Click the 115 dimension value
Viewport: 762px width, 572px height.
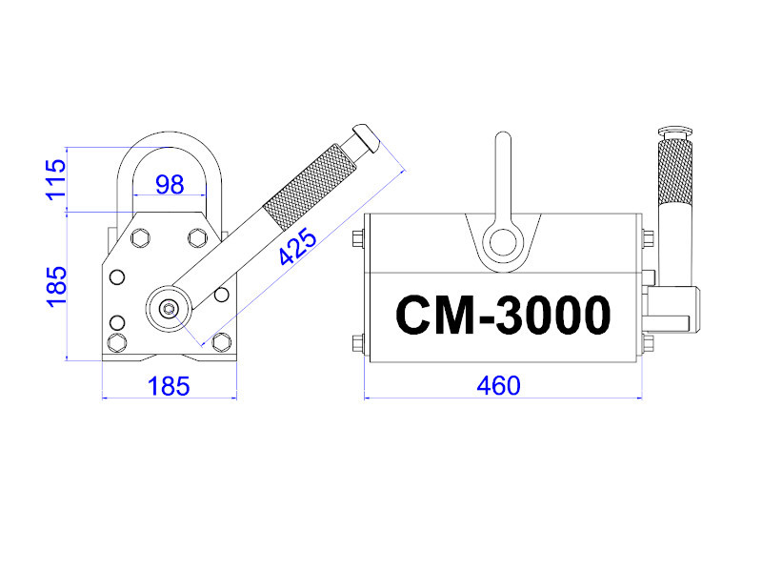point(56,179)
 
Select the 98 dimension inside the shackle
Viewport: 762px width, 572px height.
point(170,185)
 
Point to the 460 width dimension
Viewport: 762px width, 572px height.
point(499,385)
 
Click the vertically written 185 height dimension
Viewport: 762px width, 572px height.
point(56,286)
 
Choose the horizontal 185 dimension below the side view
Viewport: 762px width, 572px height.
point(170,386)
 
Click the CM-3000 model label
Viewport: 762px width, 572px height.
point(502,315)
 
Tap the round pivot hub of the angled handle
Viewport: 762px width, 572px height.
point(169,307)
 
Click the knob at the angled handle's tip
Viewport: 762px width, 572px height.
point(365,138)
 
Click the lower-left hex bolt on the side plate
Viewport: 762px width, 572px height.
point(117,342)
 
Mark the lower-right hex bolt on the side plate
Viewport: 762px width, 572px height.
point(222,342)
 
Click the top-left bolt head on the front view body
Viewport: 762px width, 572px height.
point(358,239)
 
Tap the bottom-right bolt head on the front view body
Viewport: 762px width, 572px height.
point(647,343)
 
